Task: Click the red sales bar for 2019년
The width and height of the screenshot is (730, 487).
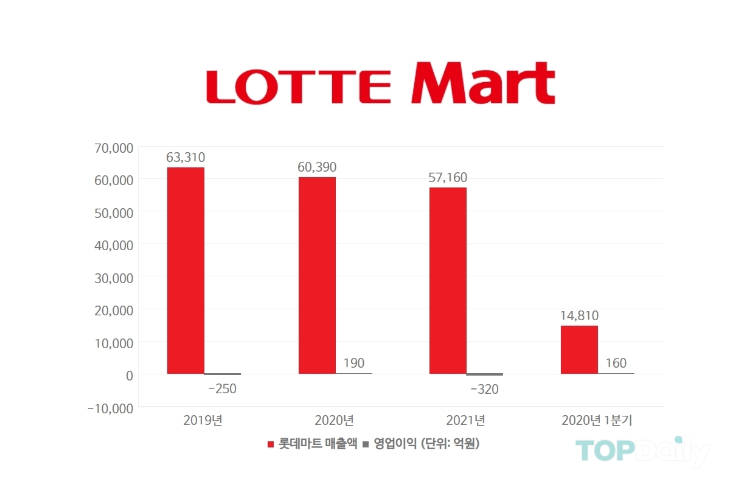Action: tap(186, 270)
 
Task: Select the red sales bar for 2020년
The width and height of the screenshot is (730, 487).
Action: tap(317, 275)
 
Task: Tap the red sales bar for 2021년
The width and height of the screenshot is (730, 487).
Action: tap(448, 280)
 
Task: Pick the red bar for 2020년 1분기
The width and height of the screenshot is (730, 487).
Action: tap(579, 349)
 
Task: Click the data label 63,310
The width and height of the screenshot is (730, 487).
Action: tap(186, 158)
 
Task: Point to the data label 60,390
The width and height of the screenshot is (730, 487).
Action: tap(317, 167)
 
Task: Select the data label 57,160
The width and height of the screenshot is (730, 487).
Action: tap(448, 178)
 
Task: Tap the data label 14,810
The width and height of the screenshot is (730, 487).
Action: tap(579, 315)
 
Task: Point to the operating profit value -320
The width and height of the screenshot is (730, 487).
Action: tap(484, 390)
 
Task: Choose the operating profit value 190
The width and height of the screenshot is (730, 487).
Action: tap(353, 363)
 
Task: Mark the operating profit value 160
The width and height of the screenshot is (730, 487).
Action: tap(616, 363)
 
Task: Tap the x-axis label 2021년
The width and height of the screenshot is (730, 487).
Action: tap(465, 420)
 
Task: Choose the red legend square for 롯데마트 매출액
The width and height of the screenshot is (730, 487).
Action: tap(271, 445)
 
